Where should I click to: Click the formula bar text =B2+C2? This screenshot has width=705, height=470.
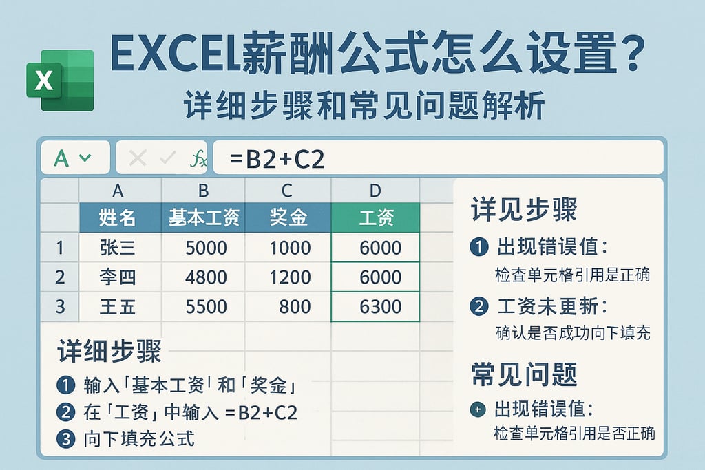coord(277,159)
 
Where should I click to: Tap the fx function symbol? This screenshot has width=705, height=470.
coord(198,159)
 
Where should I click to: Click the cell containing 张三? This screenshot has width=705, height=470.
coord(118,248)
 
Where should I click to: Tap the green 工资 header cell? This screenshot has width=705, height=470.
coord(376,218)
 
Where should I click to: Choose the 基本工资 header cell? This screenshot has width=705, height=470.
coord(204,218)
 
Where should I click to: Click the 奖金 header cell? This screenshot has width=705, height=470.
coord(288,218)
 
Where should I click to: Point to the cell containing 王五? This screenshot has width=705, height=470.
coord(118,306)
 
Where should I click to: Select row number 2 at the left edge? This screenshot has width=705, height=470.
coord(60,277)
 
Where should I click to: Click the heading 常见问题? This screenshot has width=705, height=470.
coord(524,374)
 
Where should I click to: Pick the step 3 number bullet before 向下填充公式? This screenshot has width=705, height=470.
coord(66,438)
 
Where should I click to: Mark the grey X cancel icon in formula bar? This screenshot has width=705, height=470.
coord(138,159)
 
